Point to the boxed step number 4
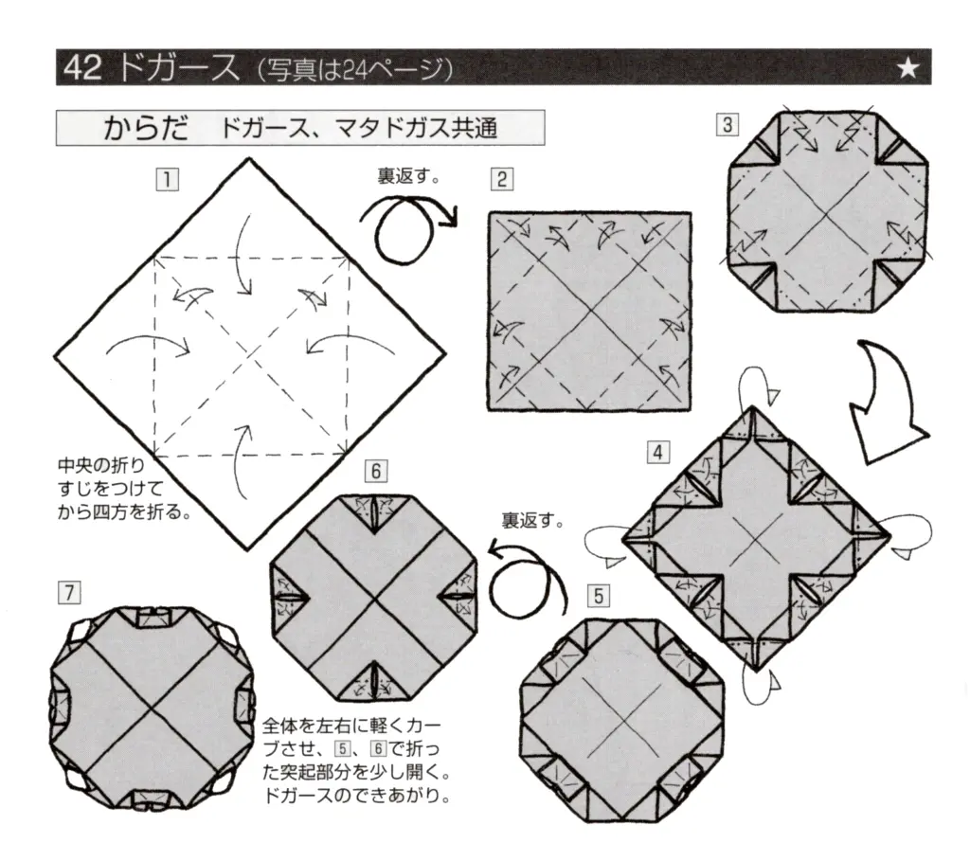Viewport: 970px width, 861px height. pos(656,452)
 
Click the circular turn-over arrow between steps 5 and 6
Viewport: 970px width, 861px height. pos(527,578)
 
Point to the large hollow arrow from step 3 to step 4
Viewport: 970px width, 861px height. pos(887,397)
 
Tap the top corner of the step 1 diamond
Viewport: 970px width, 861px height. pos(250,159)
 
